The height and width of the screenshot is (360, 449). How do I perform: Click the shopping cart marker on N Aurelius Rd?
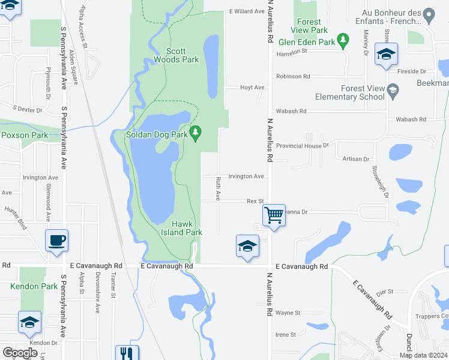(x=274, y=214)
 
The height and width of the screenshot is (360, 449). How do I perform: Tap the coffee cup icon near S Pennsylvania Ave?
(x=57, y=241)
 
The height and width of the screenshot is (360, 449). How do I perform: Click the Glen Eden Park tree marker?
(x=343, y=41)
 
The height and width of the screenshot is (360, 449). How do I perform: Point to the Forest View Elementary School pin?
(x=393, y=91)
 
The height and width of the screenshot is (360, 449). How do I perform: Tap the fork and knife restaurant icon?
(x=127, y=353)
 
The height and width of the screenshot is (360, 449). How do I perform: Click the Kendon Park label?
(x=34, y=287)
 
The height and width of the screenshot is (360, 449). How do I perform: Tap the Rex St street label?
(x=255, y=202)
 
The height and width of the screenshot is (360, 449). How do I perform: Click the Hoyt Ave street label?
(x=252, y=88)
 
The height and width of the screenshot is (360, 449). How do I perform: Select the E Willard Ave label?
(x=247, y=11)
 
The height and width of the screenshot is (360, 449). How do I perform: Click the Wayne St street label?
(x=288, y=313)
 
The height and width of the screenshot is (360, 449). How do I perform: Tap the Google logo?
(x=20, y=353)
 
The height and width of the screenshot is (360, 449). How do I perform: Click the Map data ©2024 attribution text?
(x=423, y=355)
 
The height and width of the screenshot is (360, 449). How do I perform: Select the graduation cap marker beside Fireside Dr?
(x=387, y=54)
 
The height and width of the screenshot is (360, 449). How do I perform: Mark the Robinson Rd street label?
(x=293, y=77)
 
